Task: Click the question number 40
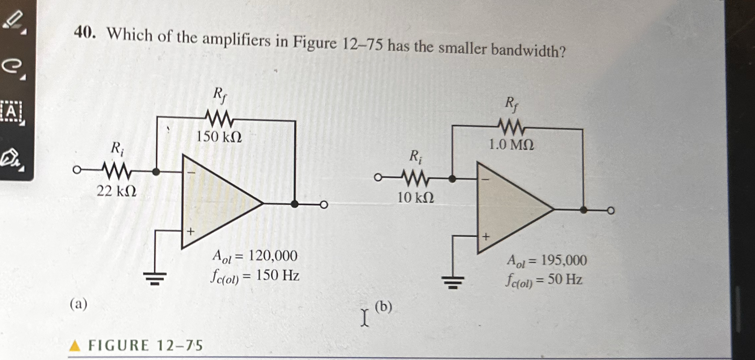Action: (x=84, y=33)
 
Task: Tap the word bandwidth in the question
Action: (x=528, y=50)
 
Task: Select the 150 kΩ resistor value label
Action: (x=219, y=137)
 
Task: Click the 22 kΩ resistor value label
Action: (x=116, y=191)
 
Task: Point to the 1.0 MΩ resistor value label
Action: (x=511, y=145)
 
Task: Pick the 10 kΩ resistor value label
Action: (x=415, y=198)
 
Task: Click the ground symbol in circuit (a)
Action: (x=155, y=278)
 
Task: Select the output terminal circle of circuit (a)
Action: (x=324, y=205)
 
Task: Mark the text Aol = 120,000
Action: (x=255, y=256)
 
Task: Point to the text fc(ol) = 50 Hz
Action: (x=544, y=281)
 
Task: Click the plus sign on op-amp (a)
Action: (x=190, y=231)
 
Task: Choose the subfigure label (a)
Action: (x=79, y=304)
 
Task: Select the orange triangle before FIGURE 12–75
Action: (x=75, y=346)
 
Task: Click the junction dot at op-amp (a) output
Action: (x=294, y=204)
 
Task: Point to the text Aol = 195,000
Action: (x=547, y=261)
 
